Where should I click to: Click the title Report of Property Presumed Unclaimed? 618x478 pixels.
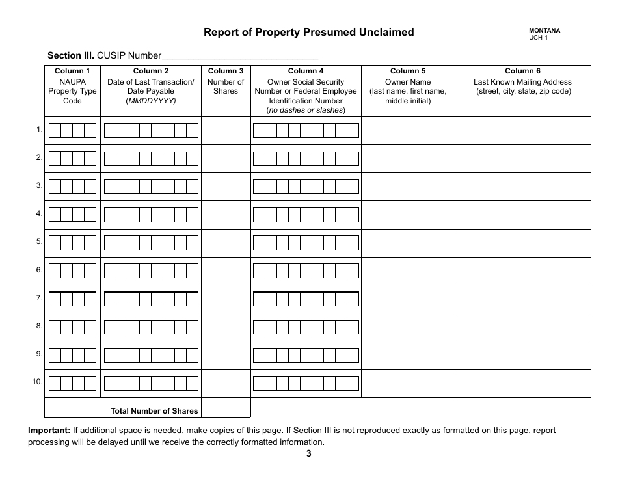pyautogui.click(x=308, y=32)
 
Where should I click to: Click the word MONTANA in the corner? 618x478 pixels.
pyautogui.click(x=544, y=30)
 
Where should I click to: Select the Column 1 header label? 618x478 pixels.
pyautogui.click(x=72, y=71)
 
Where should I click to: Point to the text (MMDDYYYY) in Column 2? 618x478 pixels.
pyautogui.click(x=151, y=101)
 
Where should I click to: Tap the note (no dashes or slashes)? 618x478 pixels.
pyautogui.click(x=306, y=111)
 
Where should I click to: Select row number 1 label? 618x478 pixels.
pyautogui.click(x=40, y=130)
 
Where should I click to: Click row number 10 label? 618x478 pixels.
pyautogui.click(x=38, y=382)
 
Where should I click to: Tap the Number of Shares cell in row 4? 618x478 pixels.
pyautogui.click(x=226, y=215)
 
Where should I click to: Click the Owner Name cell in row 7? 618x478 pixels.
pyautogui.click(x=408, y=299)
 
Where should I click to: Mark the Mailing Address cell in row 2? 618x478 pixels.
pyautogui.click(x=522, y=158)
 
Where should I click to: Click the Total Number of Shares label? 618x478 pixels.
pyautogui.click(x=154, y=410)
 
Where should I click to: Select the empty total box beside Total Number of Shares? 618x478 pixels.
pyautogui.click(x=226, y=408)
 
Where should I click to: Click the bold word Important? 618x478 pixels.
pyautogui.click(x=49, y=431)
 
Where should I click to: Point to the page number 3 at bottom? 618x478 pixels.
pyautogui.click(x=308, y=454)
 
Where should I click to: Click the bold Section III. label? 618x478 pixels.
pyautogui.click(x=71, y=55)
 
